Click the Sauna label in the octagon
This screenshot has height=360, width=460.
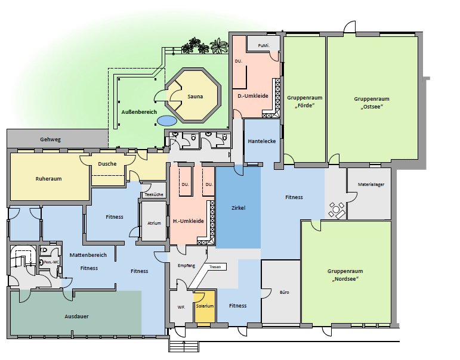pos(195,97)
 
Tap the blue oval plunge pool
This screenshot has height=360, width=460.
pos(167,120)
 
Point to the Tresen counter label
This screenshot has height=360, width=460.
pos(215,267)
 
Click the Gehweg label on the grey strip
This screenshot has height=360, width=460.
pos(51,139)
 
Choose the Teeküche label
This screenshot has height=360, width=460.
pos(154,194)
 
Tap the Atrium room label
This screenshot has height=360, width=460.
pos(154,223)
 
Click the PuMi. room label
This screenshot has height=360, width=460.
pos(263,46)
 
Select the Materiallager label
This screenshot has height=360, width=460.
pos(371,184)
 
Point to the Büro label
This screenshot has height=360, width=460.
pos(284,292)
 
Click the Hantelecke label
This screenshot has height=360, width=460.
pos(262,141)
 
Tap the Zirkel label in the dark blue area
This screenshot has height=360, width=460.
pos(238,208)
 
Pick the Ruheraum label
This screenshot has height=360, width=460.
pos(49,179)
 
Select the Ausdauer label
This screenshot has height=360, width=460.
pos(76,316)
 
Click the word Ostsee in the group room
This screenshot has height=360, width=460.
pos(372,107)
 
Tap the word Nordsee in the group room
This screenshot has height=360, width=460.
pos(345,279)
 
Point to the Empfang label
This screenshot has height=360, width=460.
pos(186,266)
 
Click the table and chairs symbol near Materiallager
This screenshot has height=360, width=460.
pos(336,210)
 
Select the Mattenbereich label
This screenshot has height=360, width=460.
pos(88,255)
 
